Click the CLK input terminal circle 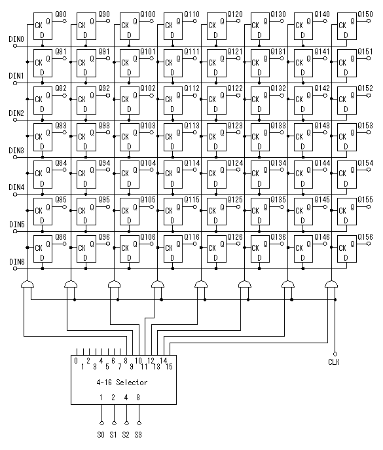(335, 354)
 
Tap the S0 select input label (101, 435)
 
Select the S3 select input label (138, 435)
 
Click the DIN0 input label (16, 39)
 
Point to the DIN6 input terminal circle (15, 269)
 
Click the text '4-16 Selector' (122, 383)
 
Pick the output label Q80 (61, 14)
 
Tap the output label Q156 (365, 237)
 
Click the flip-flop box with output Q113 (173, 137)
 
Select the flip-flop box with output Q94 (86, 174)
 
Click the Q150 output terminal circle (369, 21)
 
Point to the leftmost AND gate (27, 284)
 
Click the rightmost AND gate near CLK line (331, 284)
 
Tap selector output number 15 (170, 367)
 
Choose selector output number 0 (76, 361)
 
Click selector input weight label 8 (138, 398)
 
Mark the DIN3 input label (16, 150)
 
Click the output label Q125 (235, 200)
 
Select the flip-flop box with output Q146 (303, 249)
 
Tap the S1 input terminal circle (114, 423)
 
